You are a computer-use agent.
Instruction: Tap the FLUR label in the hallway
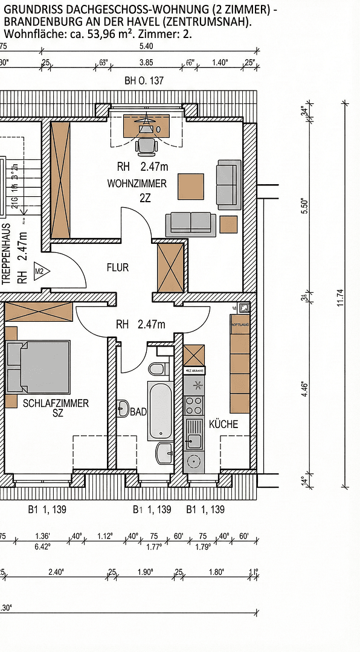(118, 267)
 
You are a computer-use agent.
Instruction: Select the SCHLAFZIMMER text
(55, 403)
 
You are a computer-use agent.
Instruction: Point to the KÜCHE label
(223, 424)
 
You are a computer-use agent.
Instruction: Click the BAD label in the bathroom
(138, 412)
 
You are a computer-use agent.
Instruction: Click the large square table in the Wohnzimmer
(191, 187)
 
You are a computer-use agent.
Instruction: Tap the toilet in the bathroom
(156, 368)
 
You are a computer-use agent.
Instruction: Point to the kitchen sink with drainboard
(194, 435)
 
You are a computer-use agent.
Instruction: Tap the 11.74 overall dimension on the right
(339, 298)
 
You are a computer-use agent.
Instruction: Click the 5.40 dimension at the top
(146, 46)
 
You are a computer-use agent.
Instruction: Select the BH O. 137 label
(144, 80)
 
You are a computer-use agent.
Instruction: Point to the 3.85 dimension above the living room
(146, 62)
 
